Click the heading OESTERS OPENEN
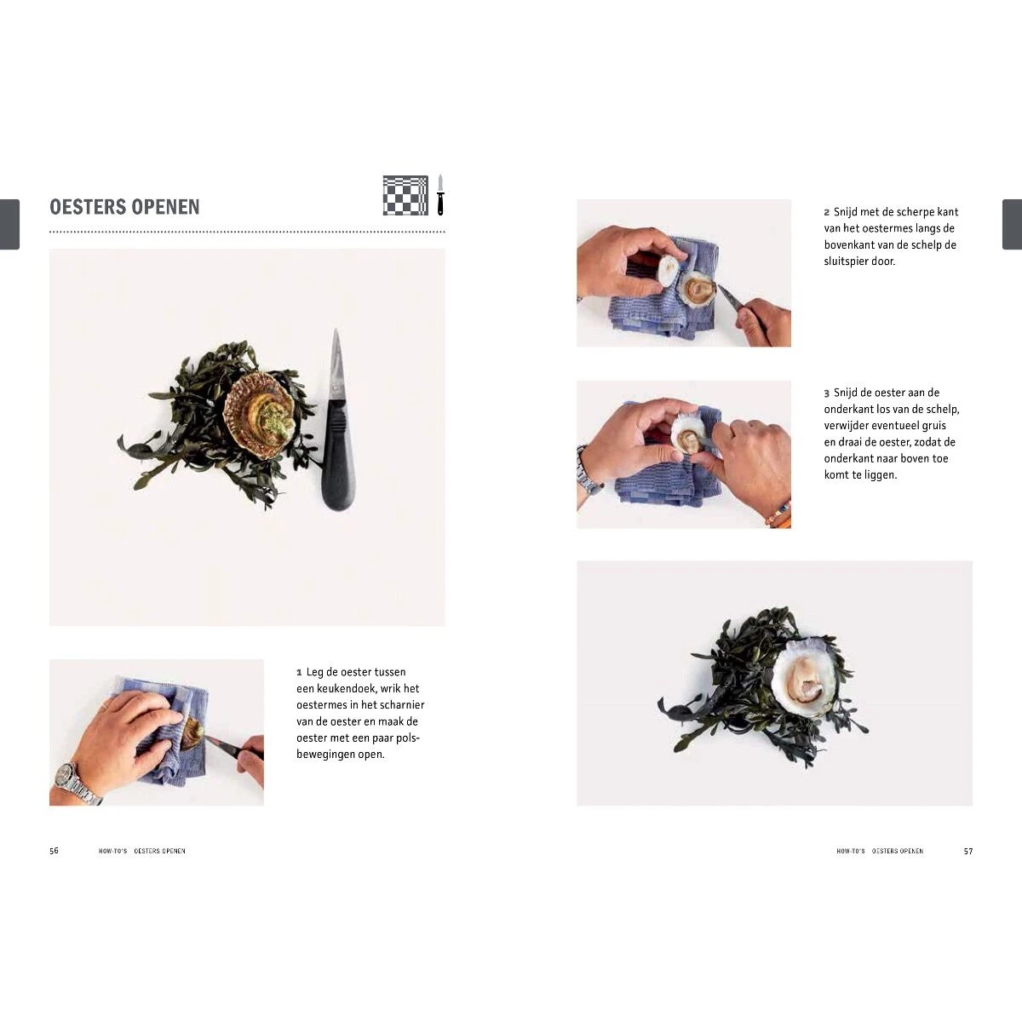(124, 207)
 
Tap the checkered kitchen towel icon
(405, 195)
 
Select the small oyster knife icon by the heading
(440, 195)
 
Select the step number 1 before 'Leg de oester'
(299, 673)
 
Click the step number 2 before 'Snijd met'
(827, 212)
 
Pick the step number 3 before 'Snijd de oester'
(827, 393)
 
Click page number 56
(55, 851)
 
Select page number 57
(968, 851)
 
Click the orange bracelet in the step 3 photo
(779, 515)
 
